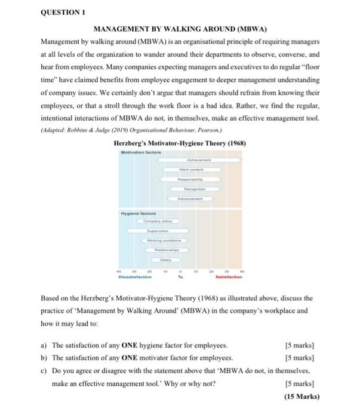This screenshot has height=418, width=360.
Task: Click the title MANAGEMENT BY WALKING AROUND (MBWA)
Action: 180,28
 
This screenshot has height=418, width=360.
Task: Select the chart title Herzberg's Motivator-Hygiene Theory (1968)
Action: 179,143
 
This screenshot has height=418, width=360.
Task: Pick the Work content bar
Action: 196,170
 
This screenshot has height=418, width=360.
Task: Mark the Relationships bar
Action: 164,250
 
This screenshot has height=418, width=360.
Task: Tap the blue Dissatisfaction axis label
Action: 134,276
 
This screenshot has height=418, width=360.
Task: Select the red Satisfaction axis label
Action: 228,276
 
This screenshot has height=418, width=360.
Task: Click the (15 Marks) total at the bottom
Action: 303,397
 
